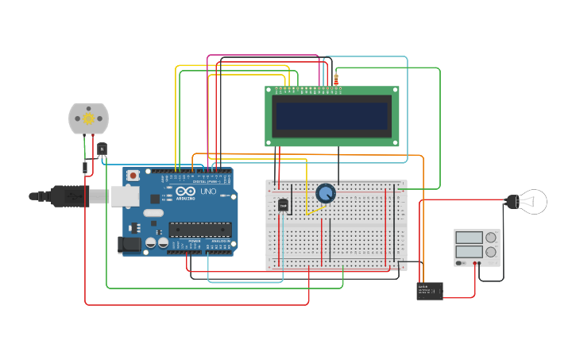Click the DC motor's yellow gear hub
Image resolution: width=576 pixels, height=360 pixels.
click(89, 118)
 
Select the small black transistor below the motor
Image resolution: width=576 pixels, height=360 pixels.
click(102, 149)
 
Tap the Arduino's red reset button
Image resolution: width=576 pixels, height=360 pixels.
click(133, 175)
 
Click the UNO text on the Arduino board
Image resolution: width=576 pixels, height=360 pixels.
click(207, 192)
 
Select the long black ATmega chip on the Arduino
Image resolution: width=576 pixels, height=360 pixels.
click(199, 230)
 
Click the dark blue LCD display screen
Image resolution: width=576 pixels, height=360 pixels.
click(332, 116)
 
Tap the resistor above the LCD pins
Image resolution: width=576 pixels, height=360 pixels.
click(336, 79)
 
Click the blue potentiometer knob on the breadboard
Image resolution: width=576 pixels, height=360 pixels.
click(326, 193)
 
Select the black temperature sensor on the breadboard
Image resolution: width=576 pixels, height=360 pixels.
click(284, 205)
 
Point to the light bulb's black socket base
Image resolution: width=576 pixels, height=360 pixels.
click(510, 202)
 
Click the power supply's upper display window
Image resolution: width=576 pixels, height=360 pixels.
click(468, 238)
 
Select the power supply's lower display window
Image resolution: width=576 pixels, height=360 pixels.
click(468, 252)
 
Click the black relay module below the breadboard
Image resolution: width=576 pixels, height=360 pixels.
click(429, 291)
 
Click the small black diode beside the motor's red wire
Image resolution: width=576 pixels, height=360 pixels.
click(85, 167)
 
